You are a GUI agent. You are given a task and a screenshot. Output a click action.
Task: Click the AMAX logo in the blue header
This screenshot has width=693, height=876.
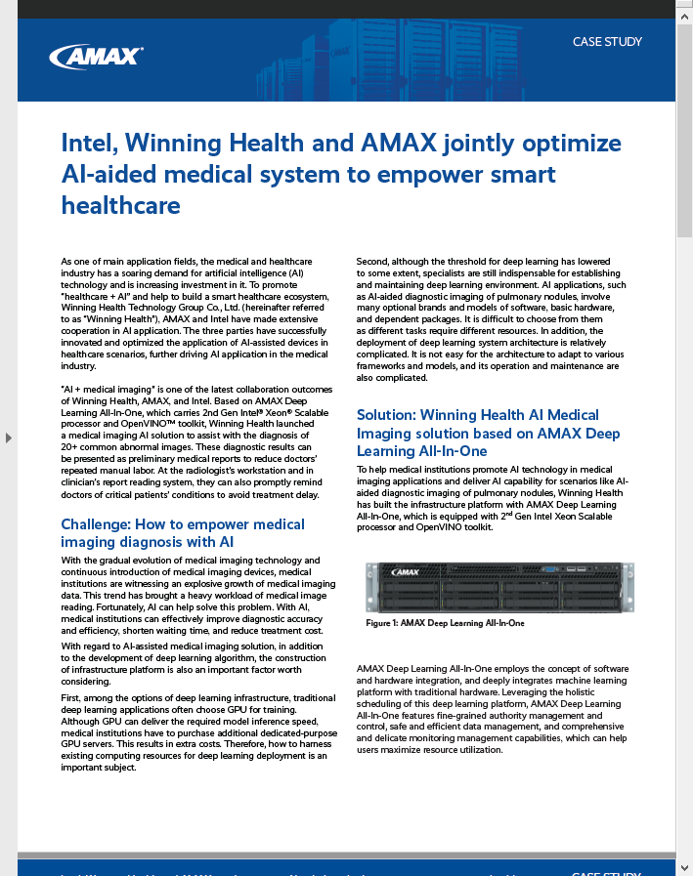[96, 56]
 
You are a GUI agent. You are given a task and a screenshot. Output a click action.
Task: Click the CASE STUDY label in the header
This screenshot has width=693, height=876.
[607, 42]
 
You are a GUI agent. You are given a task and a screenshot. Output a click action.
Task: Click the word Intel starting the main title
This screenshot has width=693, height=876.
[89, 144]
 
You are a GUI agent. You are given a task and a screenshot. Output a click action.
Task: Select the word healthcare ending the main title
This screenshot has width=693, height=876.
[120, 205]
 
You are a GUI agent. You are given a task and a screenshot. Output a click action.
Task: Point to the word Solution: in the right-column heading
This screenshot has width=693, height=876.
[386, 415]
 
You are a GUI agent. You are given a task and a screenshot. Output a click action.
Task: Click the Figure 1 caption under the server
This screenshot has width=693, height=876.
[445, 622]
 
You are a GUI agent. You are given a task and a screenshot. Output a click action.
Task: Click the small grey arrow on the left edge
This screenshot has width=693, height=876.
[9, 438]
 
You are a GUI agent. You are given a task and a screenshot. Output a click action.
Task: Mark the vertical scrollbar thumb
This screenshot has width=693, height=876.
[684, 127]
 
